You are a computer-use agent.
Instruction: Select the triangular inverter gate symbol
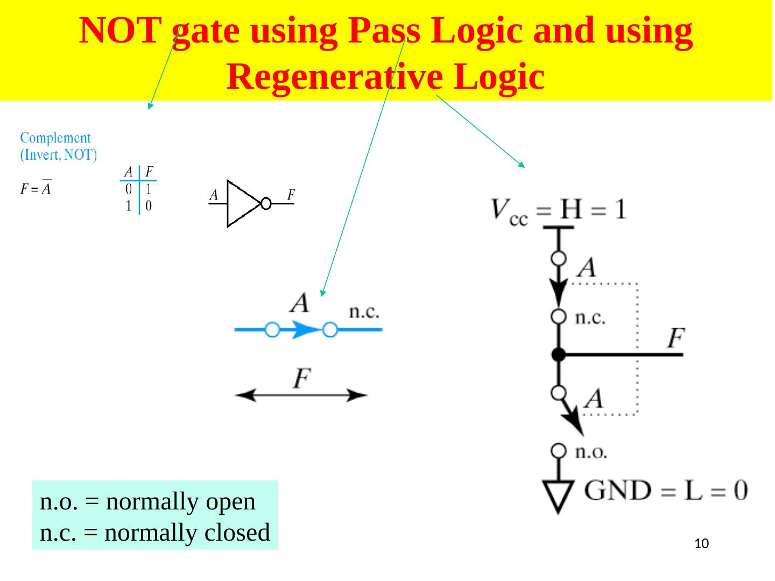point(242,203)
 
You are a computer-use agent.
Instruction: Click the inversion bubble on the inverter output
point(265,203)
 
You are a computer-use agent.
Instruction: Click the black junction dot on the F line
point(559,355)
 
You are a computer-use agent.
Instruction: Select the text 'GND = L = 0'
point(666,491)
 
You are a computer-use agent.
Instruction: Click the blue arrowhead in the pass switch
point(304,329)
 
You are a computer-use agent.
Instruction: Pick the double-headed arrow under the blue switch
point(301,396)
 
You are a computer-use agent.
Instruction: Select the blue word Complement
point(55,138)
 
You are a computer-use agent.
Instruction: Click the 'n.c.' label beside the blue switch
point(365,311)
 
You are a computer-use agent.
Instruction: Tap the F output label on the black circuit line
point(676,339)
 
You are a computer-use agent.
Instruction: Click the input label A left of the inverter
point(214,195)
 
